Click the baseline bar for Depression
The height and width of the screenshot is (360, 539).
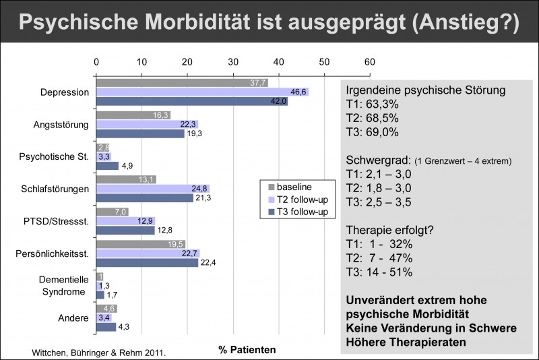point(182,83)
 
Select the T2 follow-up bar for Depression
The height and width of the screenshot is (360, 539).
point(202,92)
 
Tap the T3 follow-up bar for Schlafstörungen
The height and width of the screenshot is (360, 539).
point(145,198)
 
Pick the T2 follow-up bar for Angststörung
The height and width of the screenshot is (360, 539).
point(148,124)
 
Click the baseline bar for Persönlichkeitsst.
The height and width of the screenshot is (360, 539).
point(141,244)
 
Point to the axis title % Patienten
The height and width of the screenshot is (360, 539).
point(247,350)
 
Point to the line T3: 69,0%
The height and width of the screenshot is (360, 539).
point(376,135)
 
